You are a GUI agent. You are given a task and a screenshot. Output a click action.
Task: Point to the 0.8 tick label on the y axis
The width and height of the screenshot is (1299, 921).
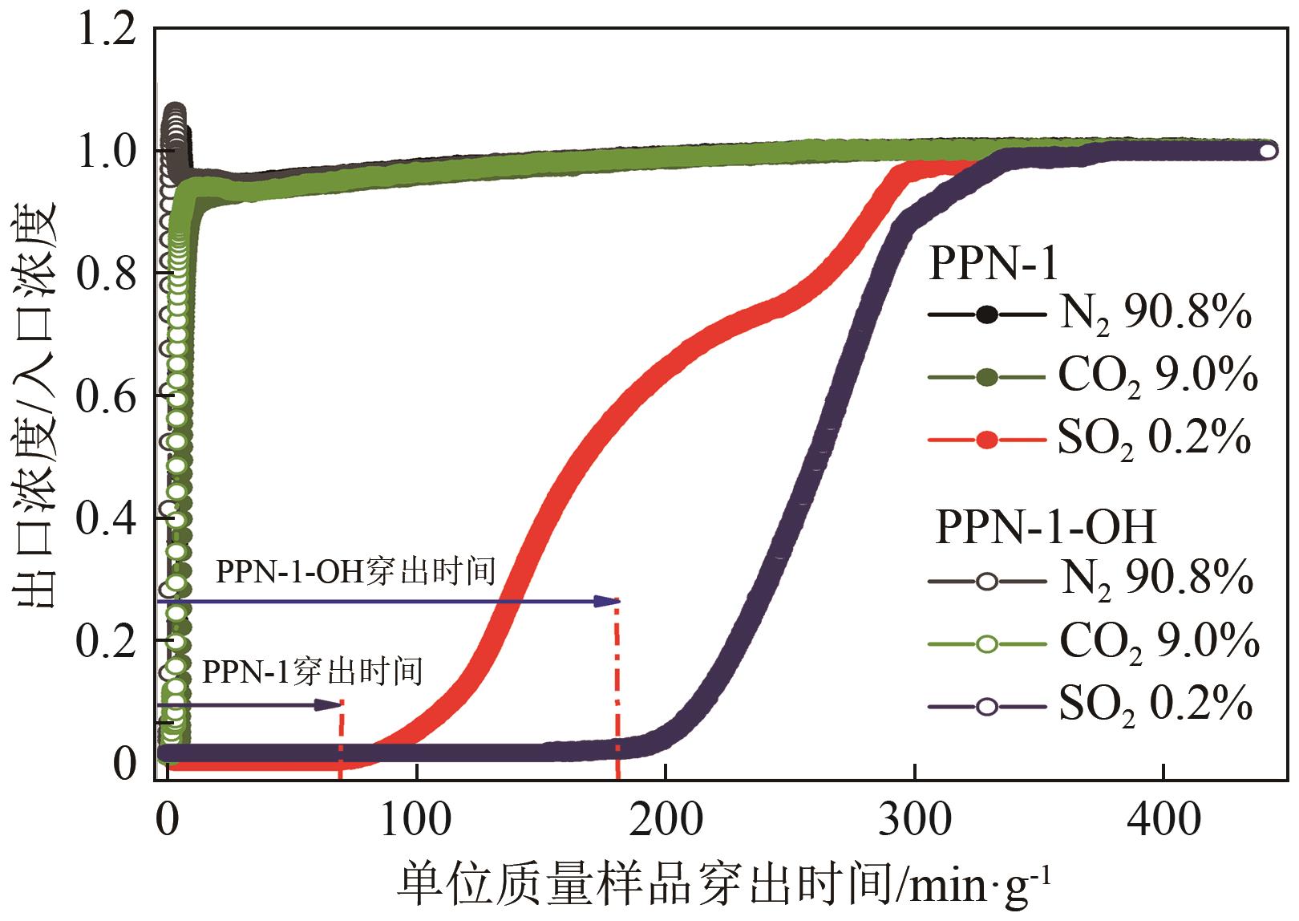click(x=111, y=273)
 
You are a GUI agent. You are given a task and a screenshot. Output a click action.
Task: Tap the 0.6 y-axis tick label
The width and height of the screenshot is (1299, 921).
click(x=111, y=396)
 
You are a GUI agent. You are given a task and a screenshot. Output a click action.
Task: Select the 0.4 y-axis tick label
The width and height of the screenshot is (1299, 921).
click(x=111, y=518)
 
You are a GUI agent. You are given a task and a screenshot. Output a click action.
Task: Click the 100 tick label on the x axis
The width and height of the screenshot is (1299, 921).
click(x=415, y=819)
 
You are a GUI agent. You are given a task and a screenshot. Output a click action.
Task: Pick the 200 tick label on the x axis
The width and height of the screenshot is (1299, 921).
click(x=665, y=819)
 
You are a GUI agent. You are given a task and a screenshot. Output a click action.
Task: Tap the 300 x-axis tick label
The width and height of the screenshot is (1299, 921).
click(x=914, y=819)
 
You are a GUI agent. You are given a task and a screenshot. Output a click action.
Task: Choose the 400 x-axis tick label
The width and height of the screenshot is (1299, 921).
click(x=1163, y=819)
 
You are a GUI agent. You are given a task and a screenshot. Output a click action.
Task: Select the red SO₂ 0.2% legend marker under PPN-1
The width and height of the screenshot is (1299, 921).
click(x=987, y=440)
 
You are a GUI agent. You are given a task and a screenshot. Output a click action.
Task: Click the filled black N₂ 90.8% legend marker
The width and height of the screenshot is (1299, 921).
click(x=987, y=315)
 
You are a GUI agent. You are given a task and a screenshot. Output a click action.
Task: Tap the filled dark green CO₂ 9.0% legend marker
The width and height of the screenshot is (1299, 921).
click(x=987, y=377)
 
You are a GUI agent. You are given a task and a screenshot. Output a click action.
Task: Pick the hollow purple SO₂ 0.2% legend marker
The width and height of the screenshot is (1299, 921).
click(x=987, y=706)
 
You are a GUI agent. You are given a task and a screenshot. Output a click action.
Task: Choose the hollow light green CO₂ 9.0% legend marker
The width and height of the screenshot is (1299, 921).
click(x=987, y=643)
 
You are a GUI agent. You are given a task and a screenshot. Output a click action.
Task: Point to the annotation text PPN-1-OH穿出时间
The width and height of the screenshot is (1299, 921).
click(x=356, y=571)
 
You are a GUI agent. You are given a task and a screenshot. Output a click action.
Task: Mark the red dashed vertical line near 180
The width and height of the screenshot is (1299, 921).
click(x=617, y=690)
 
